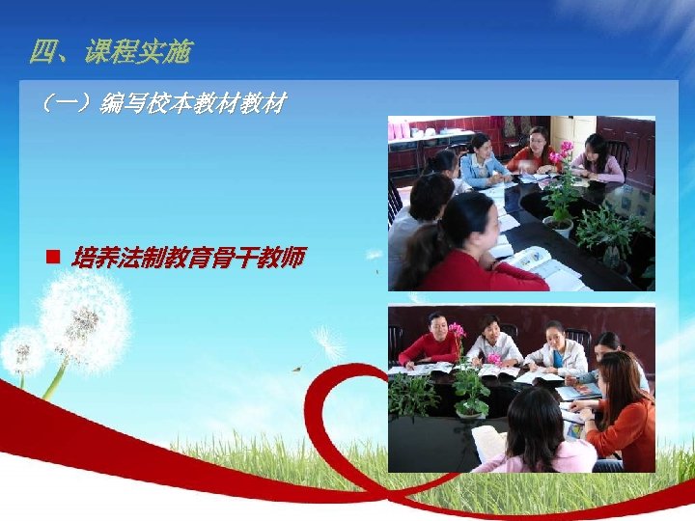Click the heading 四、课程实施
110,52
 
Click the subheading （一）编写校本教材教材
160,102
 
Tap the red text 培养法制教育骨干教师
188,258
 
